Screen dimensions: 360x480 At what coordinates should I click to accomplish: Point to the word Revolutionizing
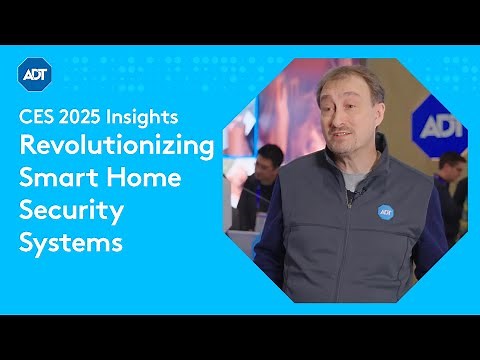[x=117, y=147]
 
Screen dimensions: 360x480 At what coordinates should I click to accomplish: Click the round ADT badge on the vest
[x=385, y=211]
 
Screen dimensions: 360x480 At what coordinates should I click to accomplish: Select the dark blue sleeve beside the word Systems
[x=265, y=245]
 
